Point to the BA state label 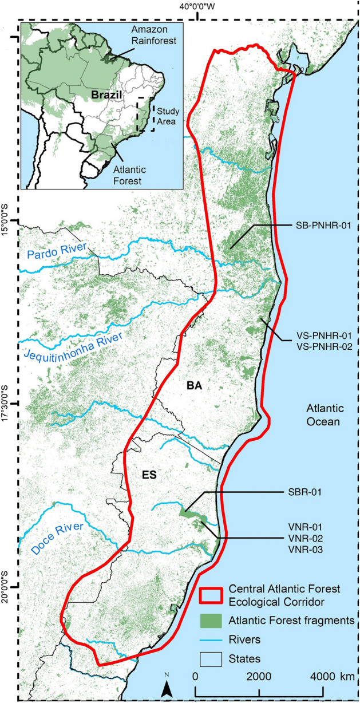tap(195, 386)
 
